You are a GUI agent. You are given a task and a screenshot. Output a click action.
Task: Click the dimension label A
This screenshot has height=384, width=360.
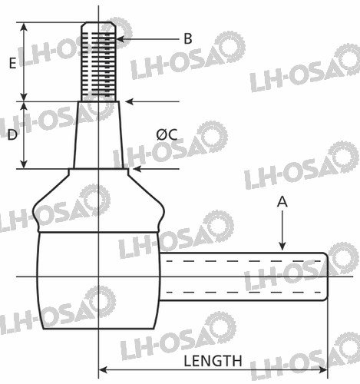click(x=282, y=201)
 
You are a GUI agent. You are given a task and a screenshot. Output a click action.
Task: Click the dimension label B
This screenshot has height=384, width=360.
click(x=188, y=39)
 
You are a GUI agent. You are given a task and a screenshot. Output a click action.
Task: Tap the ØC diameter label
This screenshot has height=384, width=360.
click(x=167, y=134)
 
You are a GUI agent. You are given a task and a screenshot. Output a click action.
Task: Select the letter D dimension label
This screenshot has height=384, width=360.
click(x=12, y=134)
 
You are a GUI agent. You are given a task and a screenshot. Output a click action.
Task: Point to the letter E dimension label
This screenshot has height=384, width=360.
click(x=12, y=63)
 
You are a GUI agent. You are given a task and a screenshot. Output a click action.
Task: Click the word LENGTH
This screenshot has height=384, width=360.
click(x=213, y=361)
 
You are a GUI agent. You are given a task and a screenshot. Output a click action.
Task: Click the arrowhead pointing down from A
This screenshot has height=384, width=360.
click(x=282, y=246)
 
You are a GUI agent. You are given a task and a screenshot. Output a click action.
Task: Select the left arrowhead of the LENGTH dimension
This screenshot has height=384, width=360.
click(x=103, y=370)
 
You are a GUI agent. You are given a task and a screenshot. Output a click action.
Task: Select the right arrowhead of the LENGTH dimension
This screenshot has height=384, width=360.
click(x=323, y=370)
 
